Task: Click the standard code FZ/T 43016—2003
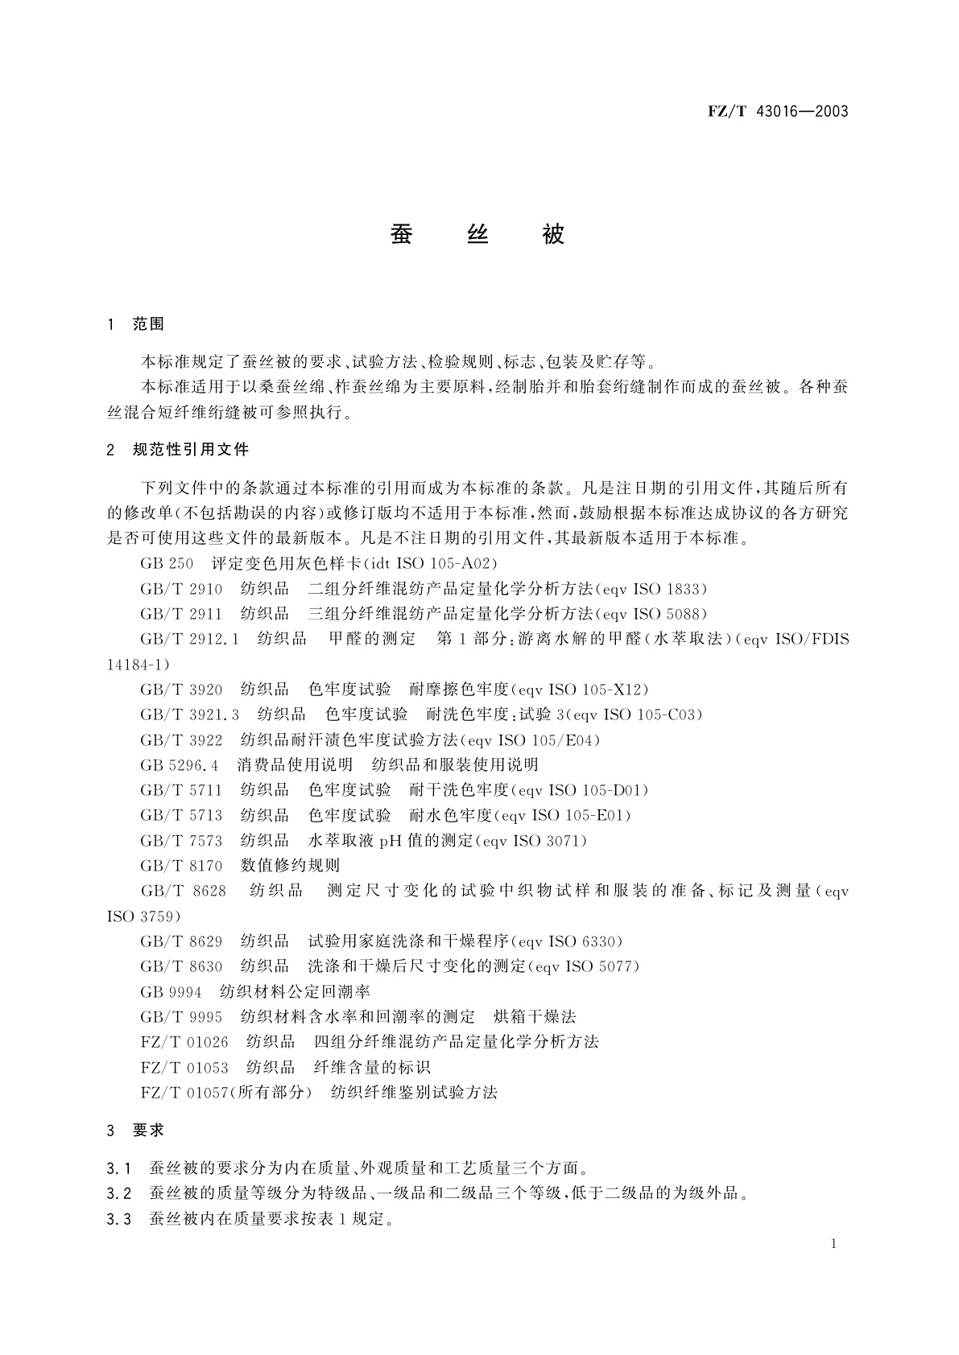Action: pos(778,112)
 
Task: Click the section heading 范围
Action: pos(148,324)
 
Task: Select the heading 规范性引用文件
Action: pos(190,450)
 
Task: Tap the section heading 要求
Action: pos(148,1131)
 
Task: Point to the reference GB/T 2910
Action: pos(181,589)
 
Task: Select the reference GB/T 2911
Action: pos(181,614)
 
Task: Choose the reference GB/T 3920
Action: pos(181,690)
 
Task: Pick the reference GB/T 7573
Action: pos(181,841)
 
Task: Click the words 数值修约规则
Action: pos(290,866)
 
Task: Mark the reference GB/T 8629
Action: pos(181,941)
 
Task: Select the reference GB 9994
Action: pos(170,992)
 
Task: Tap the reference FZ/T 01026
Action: pos(184,1042)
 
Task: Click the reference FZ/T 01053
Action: pos(184,1068)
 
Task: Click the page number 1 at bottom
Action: pos(833,1244)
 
